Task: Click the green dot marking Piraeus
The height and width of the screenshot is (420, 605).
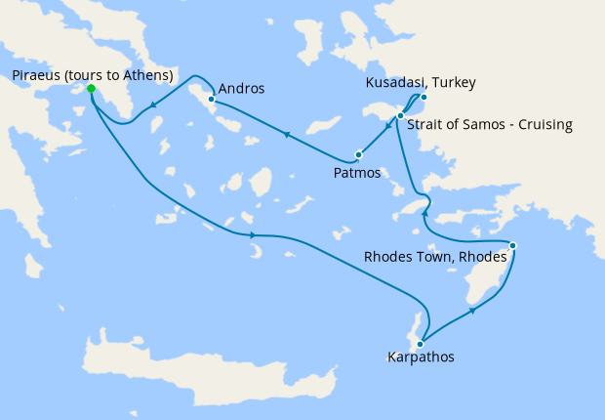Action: tap(91, 89)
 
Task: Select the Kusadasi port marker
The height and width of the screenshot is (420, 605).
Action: tap(423, 97)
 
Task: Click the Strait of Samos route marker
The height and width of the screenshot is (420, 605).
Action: tap(401, 116)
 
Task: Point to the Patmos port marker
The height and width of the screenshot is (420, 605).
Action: tap(359, 154)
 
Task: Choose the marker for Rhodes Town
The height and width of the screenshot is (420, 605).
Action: tap(513, 245)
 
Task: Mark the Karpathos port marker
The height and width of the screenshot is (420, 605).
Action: tap(419, 343)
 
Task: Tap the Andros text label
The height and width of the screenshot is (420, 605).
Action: tap(241, 89)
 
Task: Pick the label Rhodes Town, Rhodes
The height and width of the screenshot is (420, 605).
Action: tap(434, 258)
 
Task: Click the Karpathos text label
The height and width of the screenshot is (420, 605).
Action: tap(421, 357)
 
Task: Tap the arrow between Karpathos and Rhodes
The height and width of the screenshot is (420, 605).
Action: tap(473, 311)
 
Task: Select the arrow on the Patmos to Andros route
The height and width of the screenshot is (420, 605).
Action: tap(286, 135)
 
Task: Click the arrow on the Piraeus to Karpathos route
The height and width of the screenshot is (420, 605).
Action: tap(253, 235)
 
